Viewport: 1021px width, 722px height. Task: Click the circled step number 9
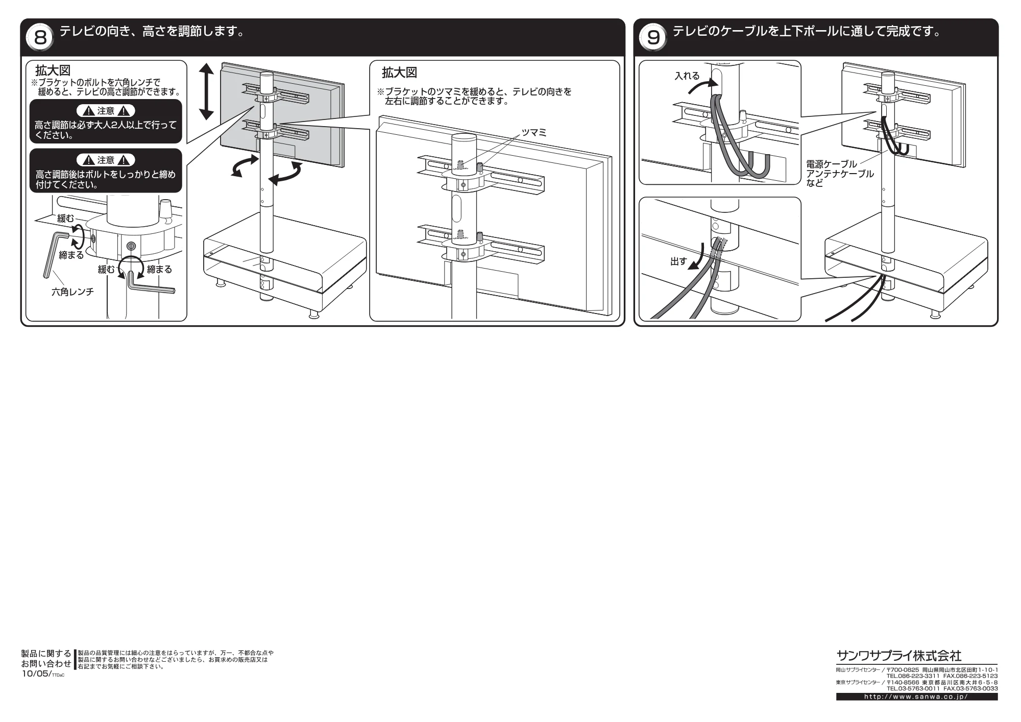click(653, 37)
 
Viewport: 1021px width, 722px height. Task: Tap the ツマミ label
click(533, 133)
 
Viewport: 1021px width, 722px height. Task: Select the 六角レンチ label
click(72, 292)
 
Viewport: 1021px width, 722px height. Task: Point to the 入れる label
click(687, 76)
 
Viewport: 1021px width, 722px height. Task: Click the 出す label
click(678, 261)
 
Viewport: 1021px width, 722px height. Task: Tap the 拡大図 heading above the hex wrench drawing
click(53, 70)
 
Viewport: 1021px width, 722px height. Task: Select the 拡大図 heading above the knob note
click(399, 73)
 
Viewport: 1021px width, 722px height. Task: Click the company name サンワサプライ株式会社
click(898, 656)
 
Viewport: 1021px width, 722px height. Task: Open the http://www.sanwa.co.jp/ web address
click(917, 697)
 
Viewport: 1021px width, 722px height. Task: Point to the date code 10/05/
click(36, 674)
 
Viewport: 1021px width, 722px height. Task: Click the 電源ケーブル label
click(832, 164)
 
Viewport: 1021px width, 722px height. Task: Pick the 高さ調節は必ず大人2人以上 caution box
click(106, 121)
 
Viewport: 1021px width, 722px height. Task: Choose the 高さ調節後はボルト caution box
click(106, 171)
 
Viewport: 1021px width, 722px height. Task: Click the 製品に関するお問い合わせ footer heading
click(46, 659)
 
